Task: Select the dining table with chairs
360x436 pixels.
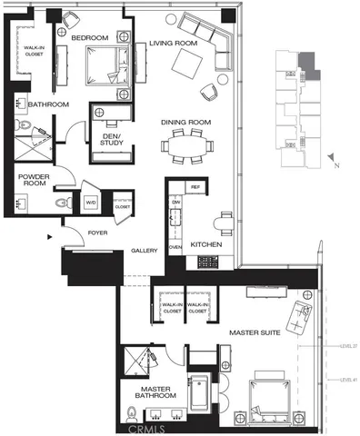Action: tap(188, 145)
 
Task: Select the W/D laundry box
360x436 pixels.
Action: tap(91, 203)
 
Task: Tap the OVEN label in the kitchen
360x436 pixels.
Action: tap(176, 246)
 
